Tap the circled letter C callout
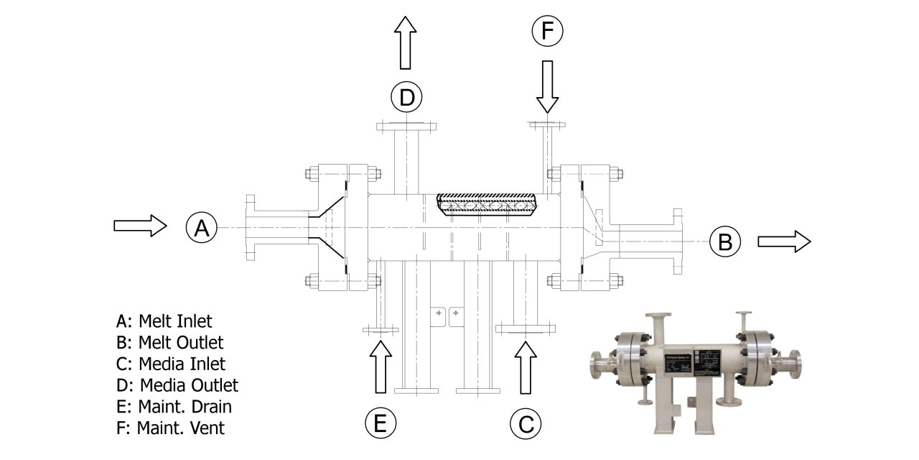[x=526, y=424]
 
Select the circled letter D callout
[x=406, y=97]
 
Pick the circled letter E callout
[x=381, y=424]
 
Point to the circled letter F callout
[x=547, y=32]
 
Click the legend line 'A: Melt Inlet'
[x=164, y=321]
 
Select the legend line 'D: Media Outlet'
[x=177, y=385]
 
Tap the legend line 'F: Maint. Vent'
[x=170, y=428]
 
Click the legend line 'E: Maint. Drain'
[x=174, y=407]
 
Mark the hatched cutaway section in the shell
[x=487, y=204]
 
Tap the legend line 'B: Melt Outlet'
[x=169, y=342]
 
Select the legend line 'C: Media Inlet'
[x=170, y=364]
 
